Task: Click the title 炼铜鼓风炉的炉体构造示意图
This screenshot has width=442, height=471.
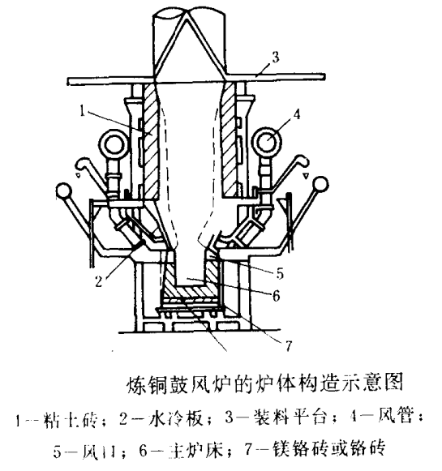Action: pos(247,381)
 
